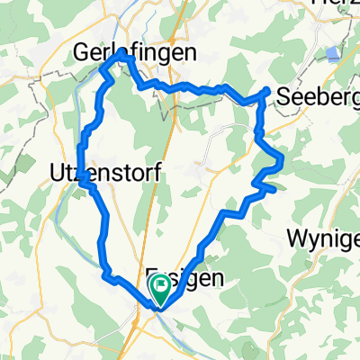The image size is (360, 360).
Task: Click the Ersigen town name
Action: click(184, 279)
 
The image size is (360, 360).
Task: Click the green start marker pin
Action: click(160, 290)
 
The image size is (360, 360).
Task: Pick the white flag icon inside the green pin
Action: click(160, 288)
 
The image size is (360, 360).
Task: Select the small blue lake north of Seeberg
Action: click(334, 54)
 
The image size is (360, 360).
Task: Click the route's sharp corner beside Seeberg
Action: click(267, 91)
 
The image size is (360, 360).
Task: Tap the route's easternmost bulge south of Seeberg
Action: click(283, 159)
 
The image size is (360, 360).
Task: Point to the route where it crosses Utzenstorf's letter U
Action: click(82, 171)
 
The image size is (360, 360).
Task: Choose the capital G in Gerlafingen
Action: click(82, 53)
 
